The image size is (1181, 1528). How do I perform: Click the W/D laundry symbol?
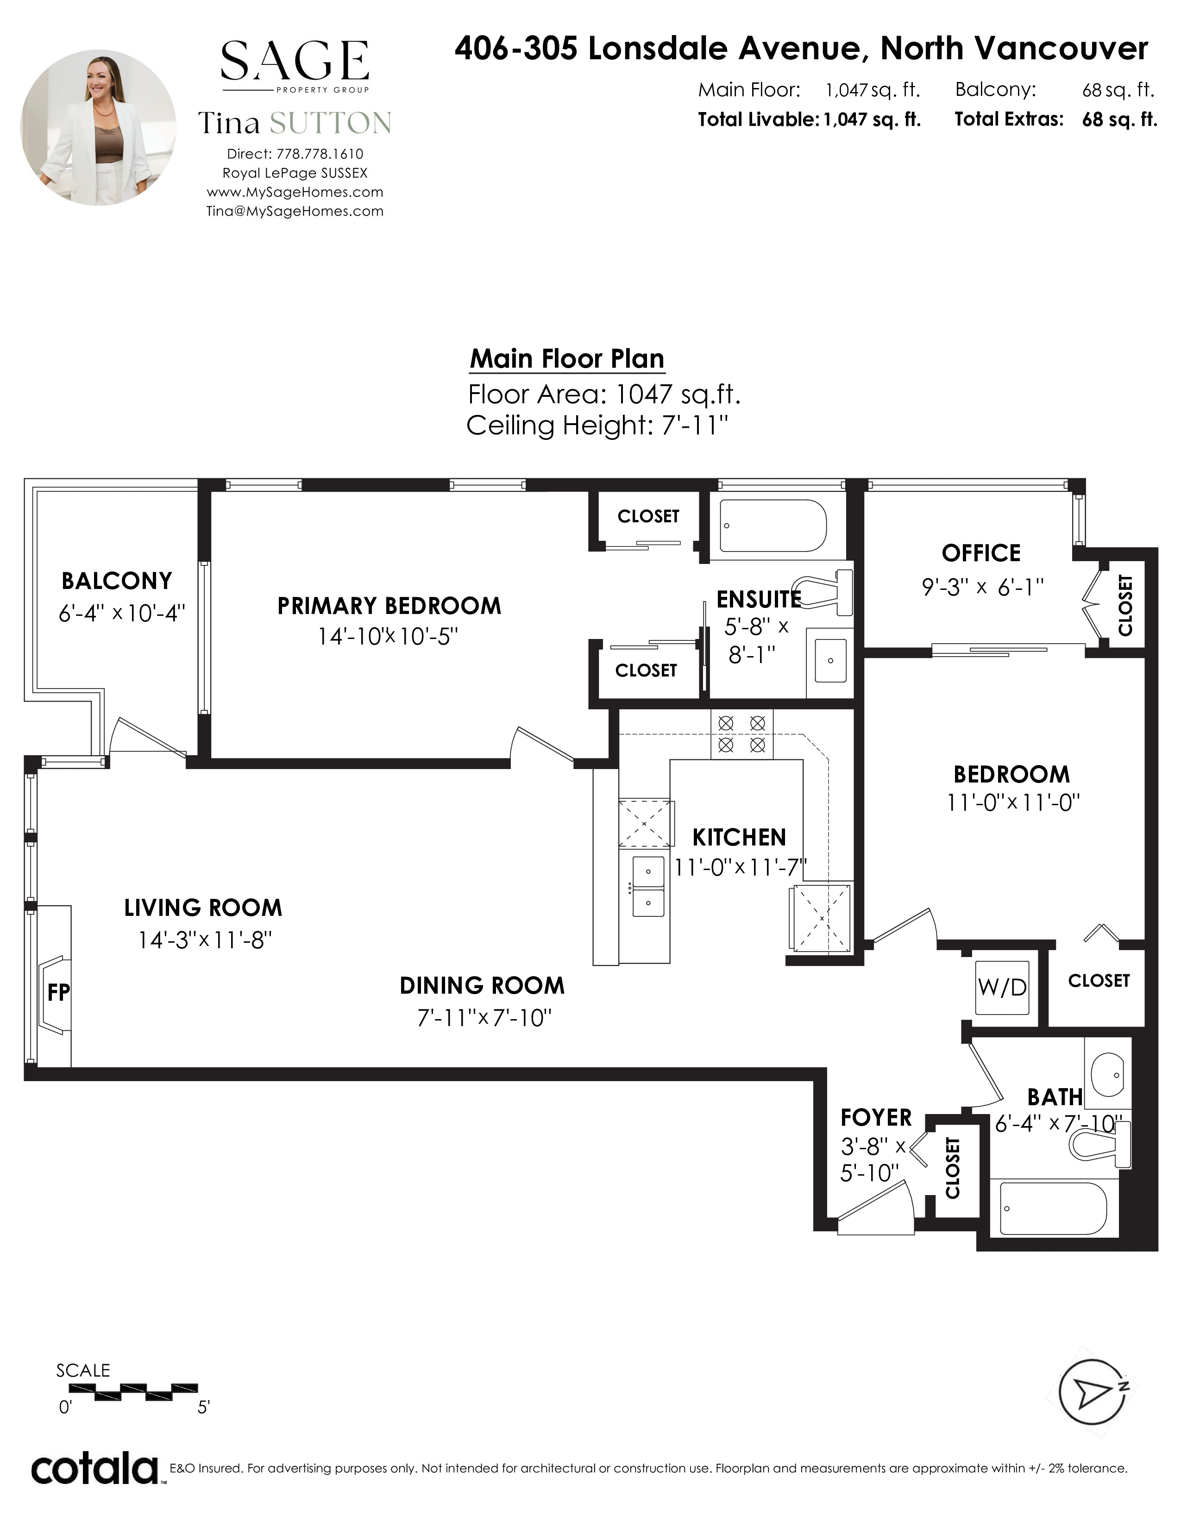point(1002,987)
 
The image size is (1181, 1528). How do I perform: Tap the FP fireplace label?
point(59,991)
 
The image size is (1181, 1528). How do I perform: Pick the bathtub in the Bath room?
point(1054,1208)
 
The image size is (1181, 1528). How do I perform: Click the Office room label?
point(981,553)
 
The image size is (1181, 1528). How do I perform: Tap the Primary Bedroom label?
point(389,606)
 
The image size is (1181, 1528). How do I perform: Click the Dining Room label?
point(482,986)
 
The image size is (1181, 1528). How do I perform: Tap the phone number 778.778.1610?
point(320,154)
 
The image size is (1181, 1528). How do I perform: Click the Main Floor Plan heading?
point(567,359)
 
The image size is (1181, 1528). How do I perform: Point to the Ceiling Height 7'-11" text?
point(597,426)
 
